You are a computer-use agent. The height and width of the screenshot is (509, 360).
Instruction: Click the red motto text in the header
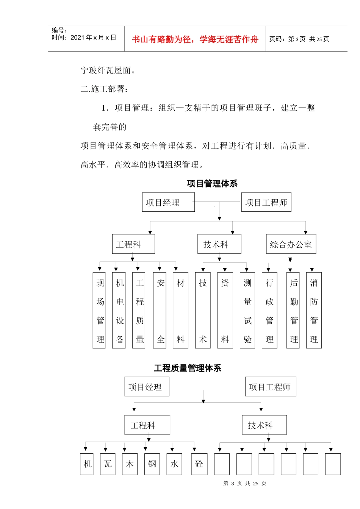(x=195, y=39)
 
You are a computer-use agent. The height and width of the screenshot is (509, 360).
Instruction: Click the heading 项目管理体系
(x=212, y=184)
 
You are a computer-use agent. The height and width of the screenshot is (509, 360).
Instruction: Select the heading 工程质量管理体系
(x=188, y=368)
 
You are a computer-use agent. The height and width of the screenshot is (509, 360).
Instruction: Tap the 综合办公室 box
(x=291, y=244)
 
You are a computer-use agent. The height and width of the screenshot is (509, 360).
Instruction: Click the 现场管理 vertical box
(x=100, y=311)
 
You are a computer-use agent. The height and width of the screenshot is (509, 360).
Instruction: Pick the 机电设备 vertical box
(x=119, y=311)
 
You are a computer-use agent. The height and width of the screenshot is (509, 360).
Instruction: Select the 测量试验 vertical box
(x=247, y=311)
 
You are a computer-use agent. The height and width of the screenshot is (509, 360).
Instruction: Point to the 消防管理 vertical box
(x=314, y=311)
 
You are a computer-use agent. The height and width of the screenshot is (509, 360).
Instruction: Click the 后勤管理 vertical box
(x=294, y=311)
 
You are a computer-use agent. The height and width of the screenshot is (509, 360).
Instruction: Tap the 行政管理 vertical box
(x=269, y=311)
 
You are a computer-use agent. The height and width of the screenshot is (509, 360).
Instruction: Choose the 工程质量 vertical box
(x=139, y=311)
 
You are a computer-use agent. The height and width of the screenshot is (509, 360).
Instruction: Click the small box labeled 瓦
(x=108, y=464)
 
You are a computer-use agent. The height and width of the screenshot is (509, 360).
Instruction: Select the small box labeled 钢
(x=152, y=464)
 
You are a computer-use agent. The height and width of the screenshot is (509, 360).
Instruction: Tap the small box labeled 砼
(x=199, y=464)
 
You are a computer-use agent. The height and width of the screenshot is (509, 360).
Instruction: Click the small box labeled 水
(x=174, y=464)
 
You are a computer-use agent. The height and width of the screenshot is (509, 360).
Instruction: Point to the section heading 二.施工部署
(x=105, y=89)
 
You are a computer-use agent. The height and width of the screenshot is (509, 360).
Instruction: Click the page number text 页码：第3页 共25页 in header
(x=299, y=39)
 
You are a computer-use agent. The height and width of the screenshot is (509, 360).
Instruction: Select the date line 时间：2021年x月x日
(x=84, y=37)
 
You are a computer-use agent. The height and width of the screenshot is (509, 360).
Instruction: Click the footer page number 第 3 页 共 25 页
(x=245, y=483)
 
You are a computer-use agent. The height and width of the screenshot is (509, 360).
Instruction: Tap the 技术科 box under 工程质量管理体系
(x=264, y=425)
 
